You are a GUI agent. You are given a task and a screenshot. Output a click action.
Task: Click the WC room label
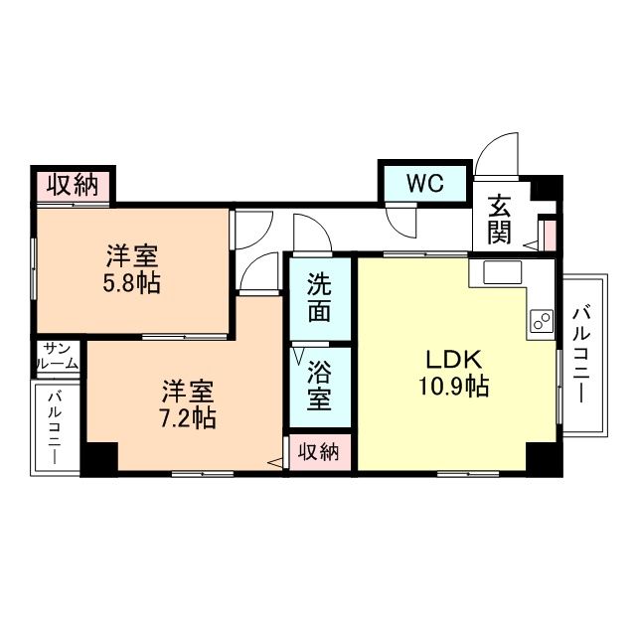(424, 184)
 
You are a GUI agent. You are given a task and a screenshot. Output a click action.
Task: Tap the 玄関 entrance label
(500, 220)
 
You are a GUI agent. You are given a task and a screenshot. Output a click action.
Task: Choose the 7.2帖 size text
(188, 417)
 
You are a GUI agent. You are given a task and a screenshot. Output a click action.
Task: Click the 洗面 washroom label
(319, 297)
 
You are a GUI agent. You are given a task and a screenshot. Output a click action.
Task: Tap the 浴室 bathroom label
(319, 386)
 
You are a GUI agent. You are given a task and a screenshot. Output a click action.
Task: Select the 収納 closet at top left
(72, 186)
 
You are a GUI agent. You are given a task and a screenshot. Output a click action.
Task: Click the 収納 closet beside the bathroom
(318, 451)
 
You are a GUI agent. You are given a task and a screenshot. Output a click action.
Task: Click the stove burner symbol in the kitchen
(542, 320)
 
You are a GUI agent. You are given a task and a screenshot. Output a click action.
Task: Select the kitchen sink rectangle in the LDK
(494, 272)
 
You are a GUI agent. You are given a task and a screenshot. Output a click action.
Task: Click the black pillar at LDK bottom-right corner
(541, 457)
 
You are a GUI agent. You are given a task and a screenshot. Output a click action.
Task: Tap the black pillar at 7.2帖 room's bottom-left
(98, 458)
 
